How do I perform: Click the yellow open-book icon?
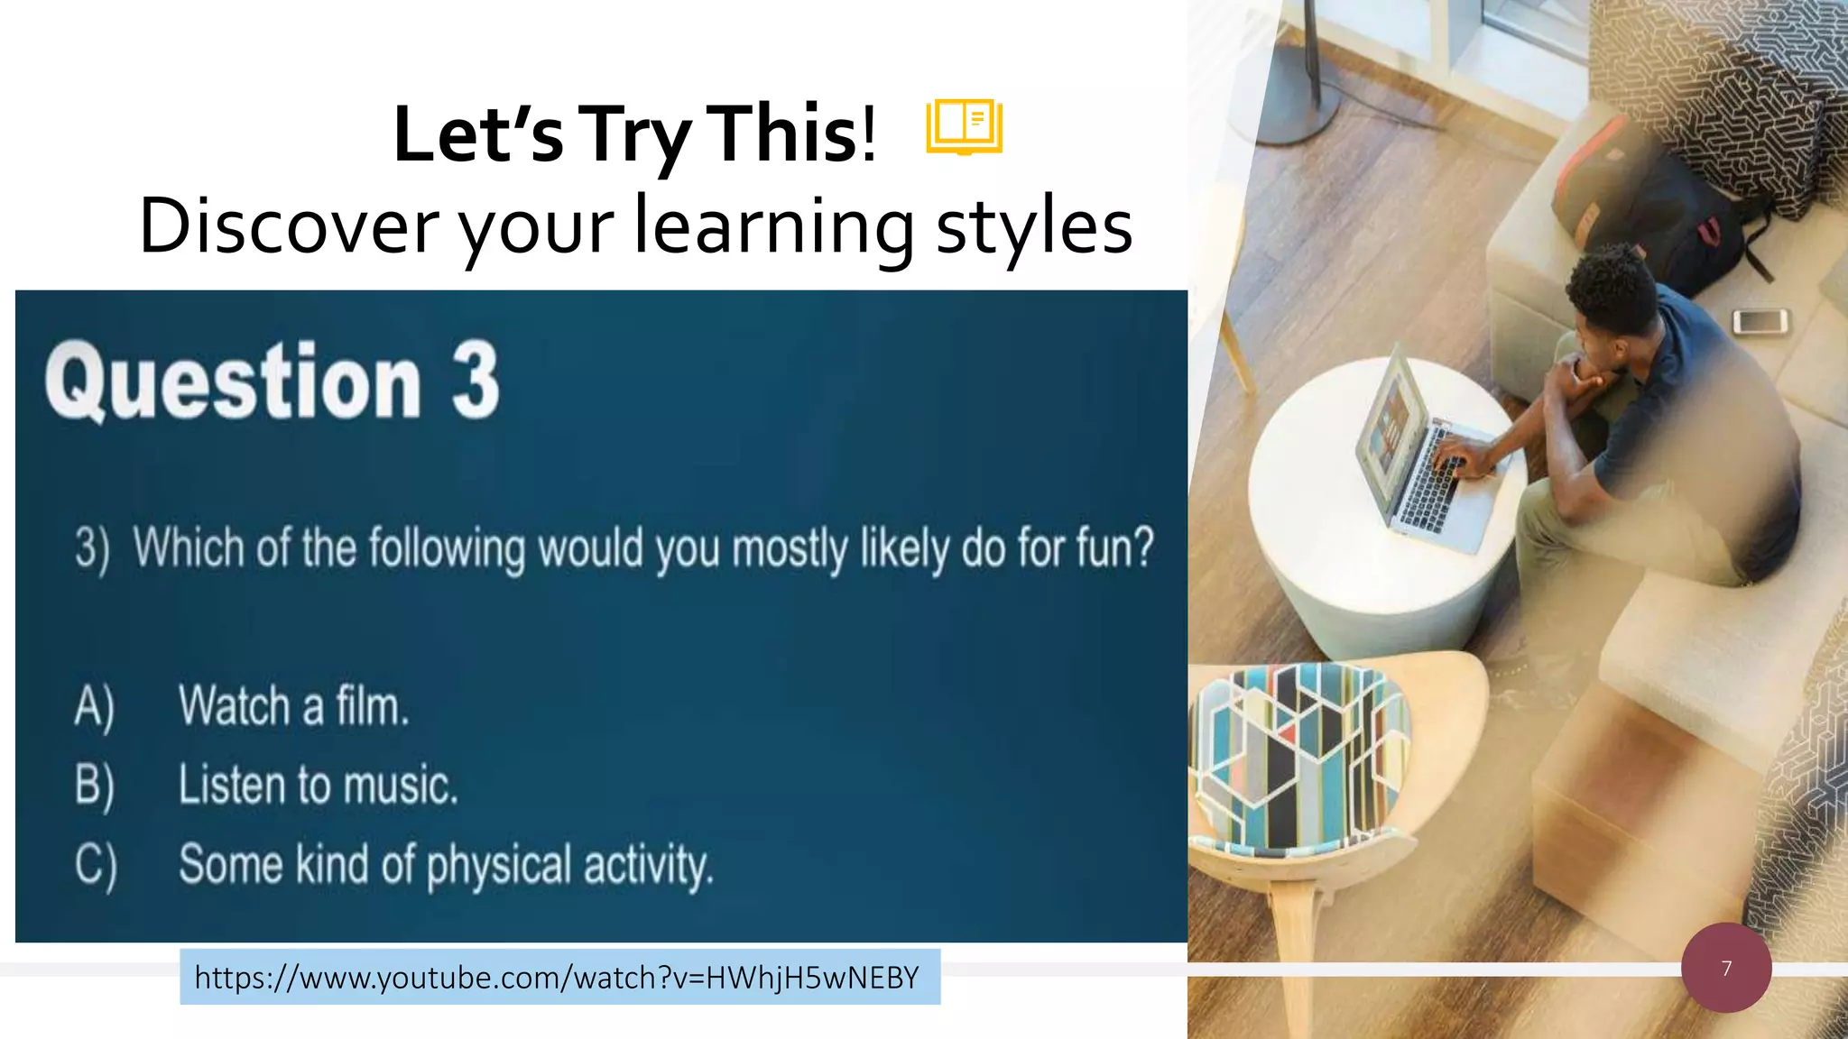click(964, 127)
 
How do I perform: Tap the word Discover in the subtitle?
click(288, 226)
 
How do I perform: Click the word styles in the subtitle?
click(1034, 226)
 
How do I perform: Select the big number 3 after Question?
click(476, 382)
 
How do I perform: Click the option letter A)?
click(95, 707)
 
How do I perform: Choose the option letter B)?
click(95, 786)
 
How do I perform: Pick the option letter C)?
click(96, 865)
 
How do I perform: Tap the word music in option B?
click(402, 786)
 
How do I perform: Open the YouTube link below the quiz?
click(558, 978)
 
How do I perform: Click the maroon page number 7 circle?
click(1726, 968)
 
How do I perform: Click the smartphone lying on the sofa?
click(1760, 320)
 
